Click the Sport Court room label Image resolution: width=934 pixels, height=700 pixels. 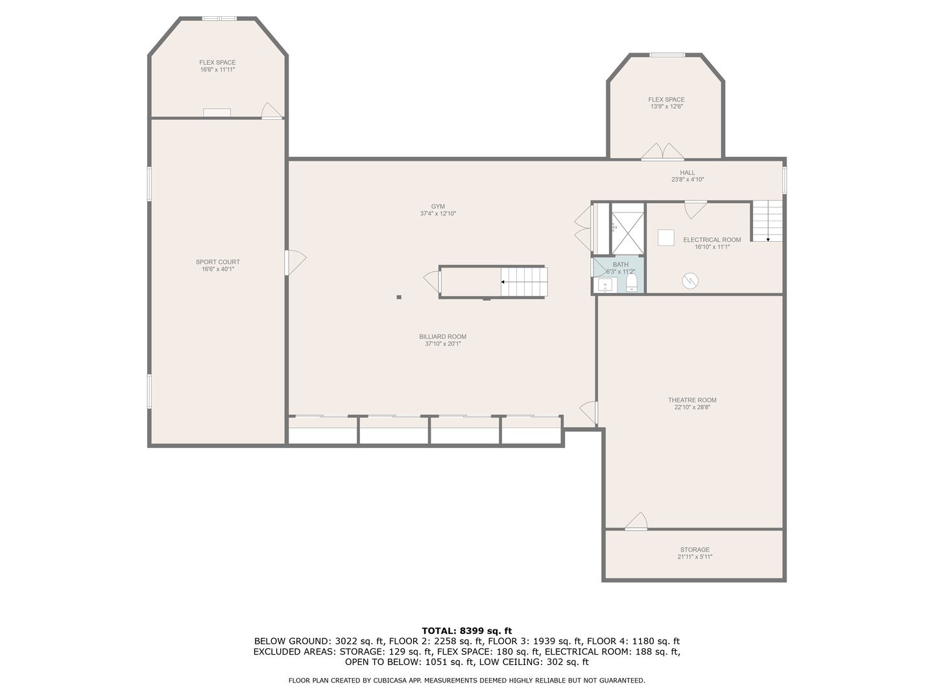click(x=218, y=262)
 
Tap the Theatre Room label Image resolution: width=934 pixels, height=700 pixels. click(x=692, y=400)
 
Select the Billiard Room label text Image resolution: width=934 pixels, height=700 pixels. click(x=442, y=336)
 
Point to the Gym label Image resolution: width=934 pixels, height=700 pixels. click(x=438, y=206)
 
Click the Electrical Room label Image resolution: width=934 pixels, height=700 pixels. click(x=712, y=240)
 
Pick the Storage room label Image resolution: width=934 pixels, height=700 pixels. click(x=695, y=550)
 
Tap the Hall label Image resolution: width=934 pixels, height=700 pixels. click(x=688, y=172)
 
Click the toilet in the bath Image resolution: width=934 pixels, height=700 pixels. click(x=632, y=283)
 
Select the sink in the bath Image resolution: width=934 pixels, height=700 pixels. click(x=605, y=285)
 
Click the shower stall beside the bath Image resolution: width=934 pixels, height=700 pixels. click(x=627, y=228)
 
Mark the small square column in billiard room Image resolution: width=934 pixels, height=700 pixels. click(x=399, y=297)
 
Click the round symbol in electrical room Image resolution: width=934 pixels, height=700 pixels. click(x=691, y=280)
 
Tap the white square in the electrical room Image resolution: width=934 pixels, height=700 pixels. click(x=666, y=237)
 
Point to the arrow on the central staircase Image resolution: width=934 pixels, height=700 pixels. click(x=503, y=282)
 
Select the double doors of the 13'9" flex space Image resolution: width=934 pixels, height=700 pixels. click(x=662, y=153)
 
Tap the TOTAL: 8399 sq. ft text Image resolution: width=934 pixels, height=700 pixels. click(x=466, y=630)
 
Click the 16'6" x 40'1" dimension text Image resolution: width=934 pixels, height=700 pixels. click(x=218, y=269)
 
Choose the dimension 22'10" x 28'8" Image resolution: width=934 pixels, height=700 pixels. click(x=692, y=407)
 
